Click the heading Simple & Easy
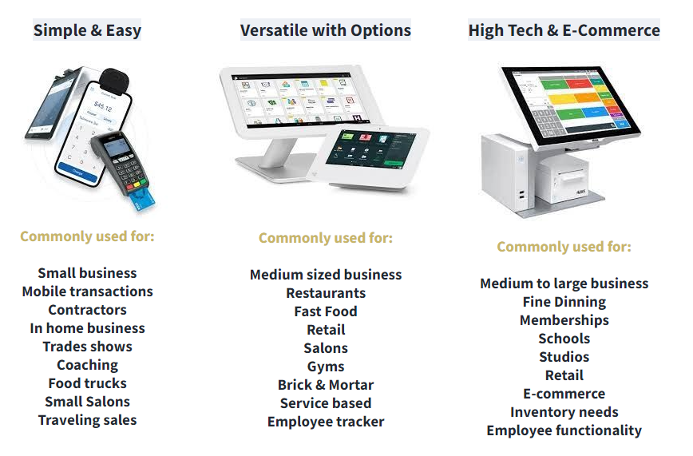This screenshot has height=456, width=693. point(87,30)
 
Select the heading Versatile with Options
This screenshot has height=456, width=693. point(326,30)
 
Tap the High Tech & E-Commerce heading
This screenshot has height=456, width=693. point(564,30)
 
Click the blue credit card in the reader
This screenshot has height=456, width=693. point(142,200)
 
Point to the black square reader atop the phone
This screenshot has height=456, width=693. point(114,80)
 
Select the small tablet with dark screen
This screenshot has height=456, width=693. point(373,157)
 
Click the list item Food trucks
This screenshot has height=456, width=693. point(88,383)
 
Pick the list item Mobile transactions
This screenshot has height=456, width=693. point(88,291)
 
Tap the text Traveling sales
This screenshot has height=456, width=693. point(88,420)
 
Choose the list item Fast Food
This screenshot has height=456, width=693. point(326,311)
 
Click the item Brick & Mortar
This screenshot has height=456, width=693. point(326,385)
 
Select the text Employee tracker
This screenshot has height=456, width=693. point(326,422)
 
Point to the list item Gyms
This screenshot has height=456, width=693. point(326,367)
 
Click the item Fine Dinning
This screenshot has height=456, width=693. point(564,302)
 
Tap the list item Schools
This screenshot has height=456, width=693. point(564,339)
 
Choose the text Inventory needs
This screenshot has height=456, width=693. point(564,412)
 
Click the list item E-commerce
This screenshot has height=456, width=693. point(564,394)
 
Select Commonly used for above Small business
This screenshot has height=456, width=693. point(88,236)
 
